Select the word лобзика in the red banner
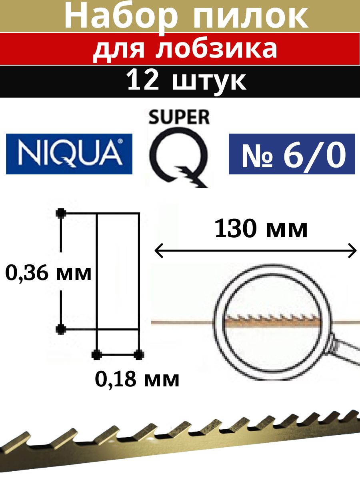pyautogui.click(x=218, y=49)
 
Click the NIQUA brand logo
pyautogui.click(x=69, y=154)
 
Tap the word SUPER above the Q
pyautogui.click(x=179, y=118)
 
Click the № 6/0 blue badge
pyautogui.click(x=292, y=154)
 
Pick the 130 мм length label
pyautogui.click(x=261, y=230)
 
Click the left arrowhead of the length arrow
pyautogui.click(x=157, y=251)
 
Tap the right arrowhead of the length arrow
pyautogui.click(x=353, y=251)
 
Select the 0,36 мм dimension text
pyautogui.click(x=49, y=274)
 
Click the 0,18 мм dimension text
pyautogui.click(x=137, y=378)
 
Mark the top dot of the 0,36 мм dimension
pyautogui.click(x=61, y=213)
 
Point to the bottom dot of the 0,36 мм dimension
pyautogui.click(x=61, y=329)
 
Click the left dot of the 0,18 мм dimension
pyautogui.click(x=96, y=354)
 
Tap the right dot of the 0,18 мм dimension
pyautogui.click(x=138, y=354)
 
